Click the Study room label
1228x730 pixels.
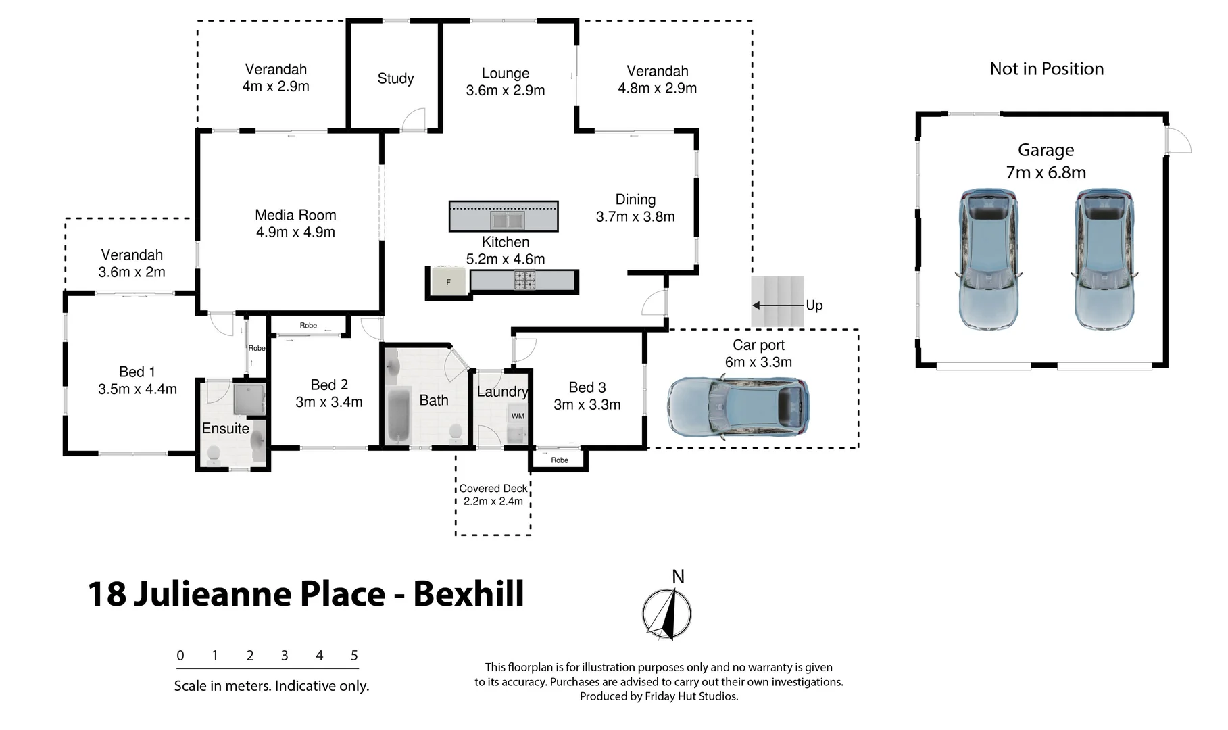pos(395,78)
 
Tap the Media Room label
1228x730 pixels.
pos(295,215)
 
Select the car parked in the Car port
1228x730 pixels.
pos(737,407)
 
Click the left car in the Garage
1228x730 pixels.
pos(988,259)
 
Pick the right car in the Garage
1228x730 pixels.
pos(1104,259)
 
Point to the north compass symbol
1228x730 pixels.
pos(666,614)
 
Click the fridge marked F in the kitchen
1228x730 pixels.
pos(448,282)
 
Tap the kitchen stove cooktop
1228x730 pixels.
pos(524,280)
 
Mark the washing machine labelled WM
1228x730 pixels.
pos(518,416)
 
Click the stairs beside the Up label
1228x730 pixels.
pos(777,301)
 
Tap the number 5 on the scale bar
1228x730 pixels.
pos(354,655)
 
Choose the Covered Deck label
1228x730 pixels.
pos(493,488)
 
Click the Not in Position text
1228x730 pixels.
pos(1046,69)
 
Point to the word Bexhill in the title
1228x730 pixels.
pos(468,593)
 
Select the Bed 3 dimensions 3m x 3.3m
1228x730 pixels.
pos(587,404)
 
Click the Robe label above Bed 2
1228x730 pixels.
pos(308,326)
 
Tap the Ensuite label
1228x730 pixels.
pos(226,429)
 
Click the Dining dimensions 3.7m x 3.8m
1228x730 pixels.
pos(635,216)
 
